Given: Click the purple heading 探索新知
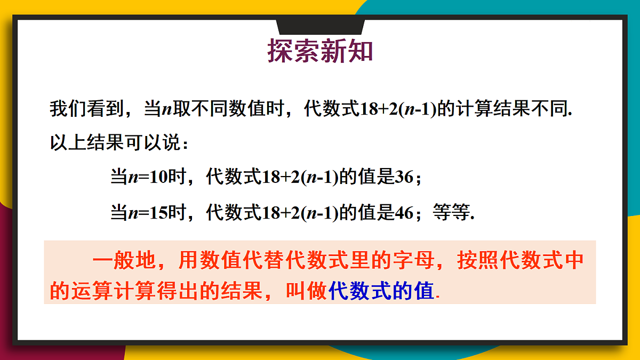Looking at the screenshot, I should point(320,51).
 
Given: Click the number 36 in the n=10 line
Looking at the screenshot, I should point(404,177).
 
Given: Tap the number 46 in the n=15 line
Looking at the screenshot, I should point(404,213).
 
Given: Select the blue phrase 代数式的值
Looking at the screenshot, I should point(381,292).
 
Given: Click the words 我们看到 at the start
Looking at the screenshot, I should point(82,109).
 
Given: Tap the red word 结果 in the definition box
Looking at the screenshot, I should point(240,292).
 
